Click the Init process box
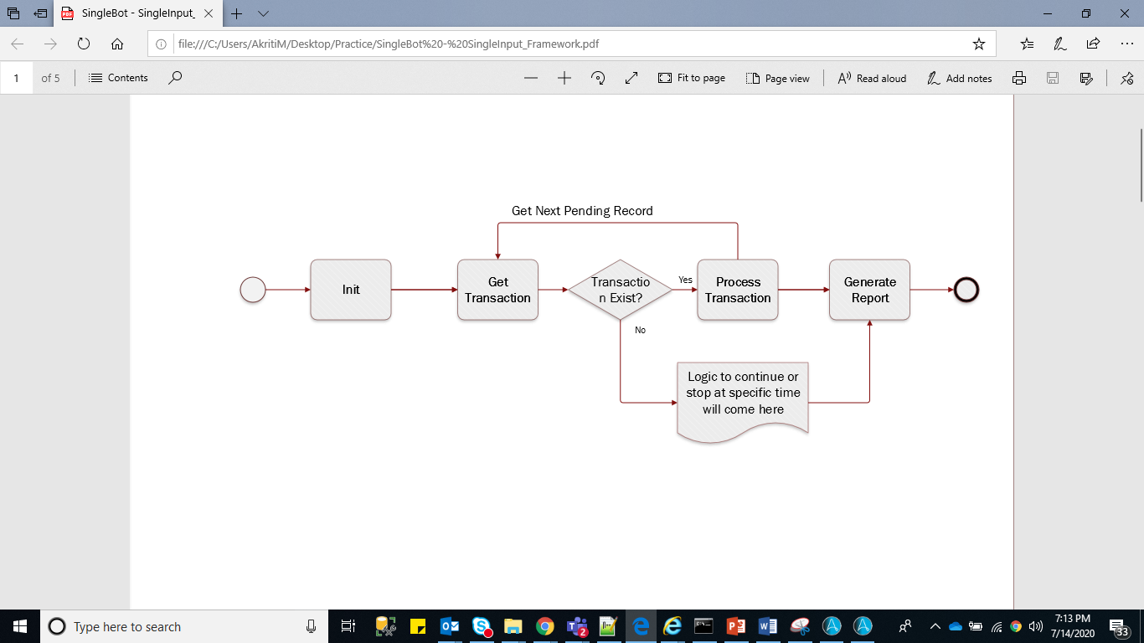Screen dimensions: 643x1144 (351, 290)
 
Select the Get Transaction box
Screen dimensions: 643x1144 (497, 290)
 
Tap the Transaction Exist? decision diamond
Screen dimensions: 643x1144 (621, 290)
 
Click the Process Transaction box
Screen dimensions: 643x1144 (738, 290)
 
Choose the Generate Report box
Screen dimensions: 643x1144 (869, 290)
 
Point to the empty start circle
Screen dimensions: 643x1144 (253, 291)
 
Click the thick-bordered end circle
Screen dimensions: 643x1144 (966, 290)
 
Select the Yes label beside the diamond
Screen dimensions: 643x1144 (685, 280)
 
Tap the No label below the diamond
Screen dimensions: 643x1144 (640, 330)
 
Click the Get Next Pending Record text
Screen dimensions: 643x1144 (582, 211)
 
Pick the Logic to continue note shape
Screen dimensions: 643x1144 (743, 397)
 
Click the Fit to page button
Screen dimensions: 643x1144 (692, 78)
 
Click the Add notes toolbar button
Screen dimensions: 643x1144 (959, 78)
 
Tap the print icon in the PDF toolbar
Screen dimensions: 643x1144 (1019, 78)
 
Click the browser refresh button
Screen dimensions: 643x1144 (84, 44)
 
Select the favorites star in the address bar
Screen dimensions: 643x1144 (978, 44)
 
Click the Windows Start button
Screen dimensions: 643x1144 (19, 626)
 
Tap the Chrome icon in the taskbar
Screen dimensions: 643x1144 (545, 626)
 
